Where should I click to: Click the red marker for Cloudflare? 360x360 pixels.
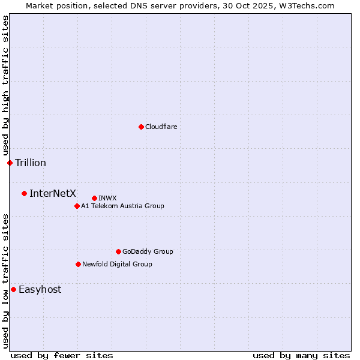point(141,127)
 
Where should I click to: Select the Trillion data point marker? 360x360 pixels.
point(10,163)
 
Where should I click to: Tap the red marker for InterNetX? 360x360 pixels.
point(24,193)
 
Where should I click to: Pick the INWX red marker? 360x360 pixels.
point(94,198)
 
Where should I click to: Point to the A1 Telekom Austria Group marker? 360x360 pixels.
point(77,206)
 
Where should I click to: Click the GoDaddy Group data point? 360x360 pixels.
point(118,251)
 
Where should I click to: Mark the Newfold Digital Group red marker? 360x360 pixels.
point(78,264)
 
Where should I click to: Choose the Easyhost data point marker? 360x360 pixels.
point(13,289)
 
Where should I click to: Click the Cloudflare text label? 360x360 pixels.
point(161,127)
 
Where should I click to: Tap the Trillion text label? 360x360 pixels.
point(31,163)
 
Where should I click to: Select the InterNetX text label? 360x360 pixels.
point(53,193)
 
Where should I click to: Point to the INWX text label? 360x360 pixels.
point(107,198)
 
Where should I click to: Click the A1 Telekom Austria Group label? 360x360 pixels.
point(122,206)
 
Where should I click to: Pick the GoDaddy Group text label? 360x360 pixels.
point(148,251)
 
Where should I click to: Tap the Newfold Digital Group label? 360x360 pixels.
point(117,264)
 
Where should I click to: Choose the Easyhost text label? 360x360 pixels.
point(40,289)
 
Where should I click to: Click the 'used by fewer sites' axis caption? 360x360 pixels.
point(62,355)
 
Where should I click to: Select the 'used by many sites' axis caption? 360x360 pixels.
point(301,355)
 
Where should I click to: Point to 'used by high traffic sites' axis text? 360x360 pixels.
point(5,85)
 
